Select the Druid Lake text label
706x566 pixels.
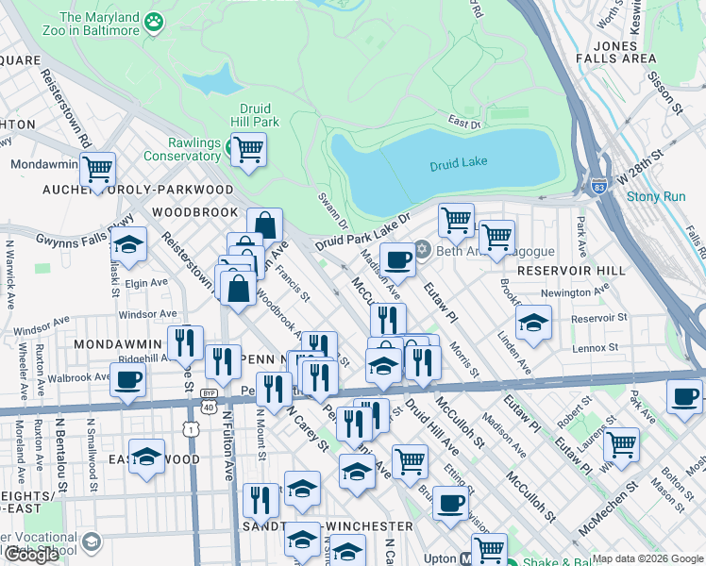tap(458, 163)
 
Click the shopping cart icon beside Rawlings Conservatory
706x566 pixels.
tap(248, 149)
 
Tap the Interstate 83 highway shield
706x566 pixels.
tap(597, 188)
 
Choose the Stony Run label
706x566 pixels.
tap(656, 197)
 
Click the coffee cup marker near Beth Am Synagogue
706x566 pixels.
tap(398, 259)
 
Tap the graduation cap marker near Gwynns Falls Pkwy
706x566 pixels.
tap(128, 244)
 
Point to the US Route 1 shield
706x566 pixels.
tap(192, 428)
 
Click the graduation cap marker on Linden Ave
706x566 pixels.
tap(533, 324)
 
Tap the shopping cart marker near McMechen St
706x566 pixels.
tap(621, 443)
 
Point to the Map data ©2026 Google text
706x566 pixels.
tap(647, 558)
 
